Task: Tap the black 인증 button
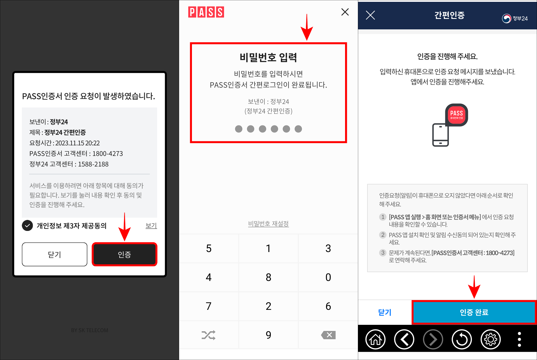[x=124, y=254]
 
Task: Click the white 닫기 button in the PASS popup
[x=55, y=254]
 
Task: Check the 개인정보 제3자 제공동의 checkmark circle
[x=28, y=226]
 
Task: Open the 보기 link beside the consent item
[x=151, y=226]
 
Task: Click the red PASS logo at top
[x=206, y=12]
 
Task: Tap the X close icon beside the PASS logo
[x=345, y=12]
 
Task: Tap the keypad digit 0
[x=328, y=277]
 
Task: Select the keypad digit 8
[x=268, y=277]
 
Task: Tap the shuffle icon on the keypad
[x=208, y=335]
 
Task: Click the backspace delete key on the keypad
[x=328, y=335]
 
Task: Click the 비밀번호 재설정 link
[x=268, y=224]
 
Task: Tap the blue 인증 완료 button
[x=474, y=312]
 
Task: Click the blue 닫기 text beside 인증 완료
[x=384, y=312]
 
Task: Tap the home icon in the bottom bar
[x=375, y=340]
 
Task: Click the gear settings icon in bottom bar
[x=491, y=340]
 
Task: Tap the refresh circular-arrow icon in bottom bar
[x=462, y=340]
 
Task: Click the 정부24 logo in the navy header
[x=515, y=19]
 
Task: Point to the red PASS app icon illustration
[x=456, y=115]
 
